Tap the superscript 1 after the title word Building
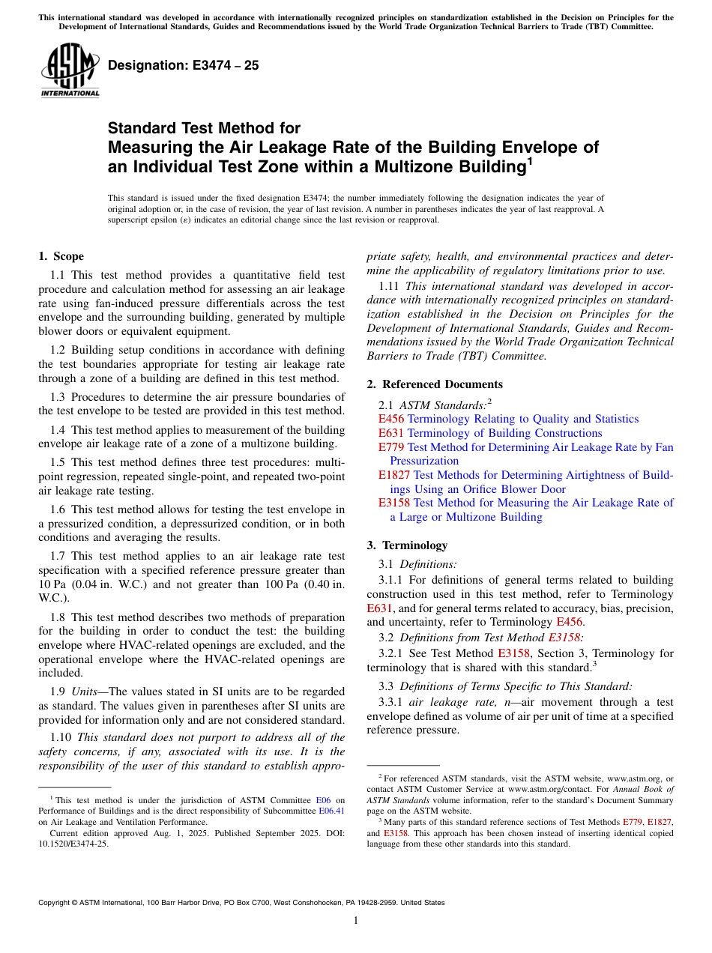click(x=529, y=160)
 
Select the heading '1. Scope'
click(x=61, y=256)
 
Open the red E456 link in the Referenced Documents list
click(x=390, y=419)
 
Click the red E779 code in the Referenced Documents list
click(x=390, y=447)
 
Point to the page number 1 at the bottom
click(x=356, y=921)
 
